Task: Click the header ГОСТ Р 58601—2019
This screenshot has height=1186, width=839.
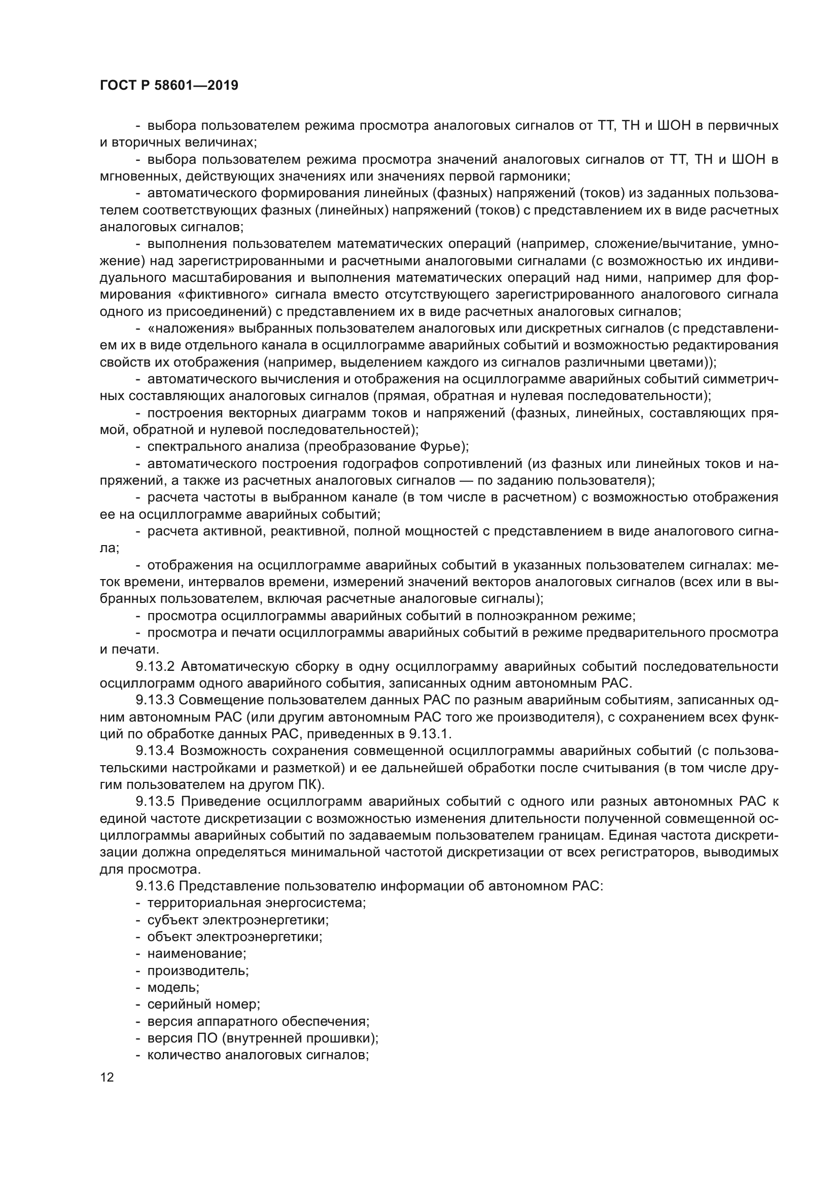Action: point(169,85)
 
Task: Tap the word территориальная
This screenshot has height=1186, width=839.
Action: point(204,903)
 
